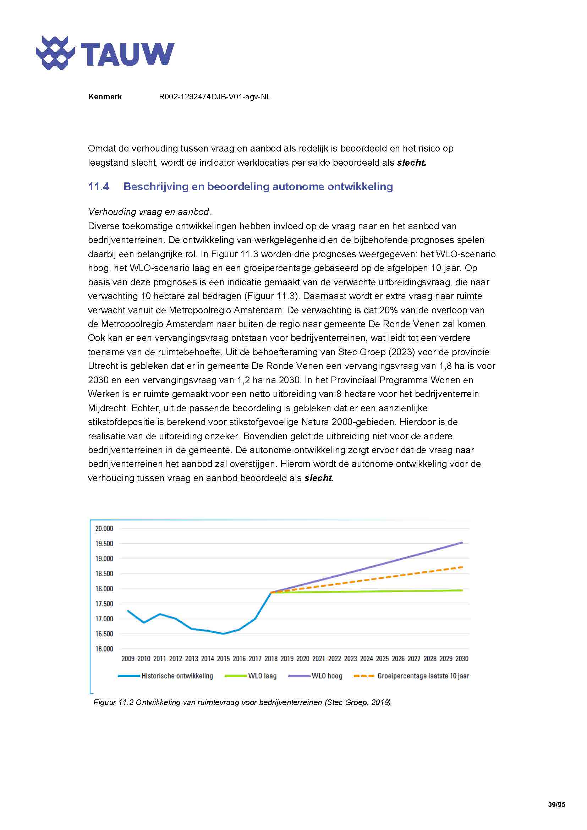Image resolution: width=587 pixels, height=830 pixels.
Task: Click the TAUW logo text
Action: pos(127,54)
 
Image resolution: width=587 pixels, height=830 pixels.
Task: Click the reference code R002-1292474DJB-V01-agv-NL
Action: pos(214,97)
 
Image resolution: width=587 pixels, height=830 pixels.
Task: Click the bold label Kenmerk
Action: pos(105,97)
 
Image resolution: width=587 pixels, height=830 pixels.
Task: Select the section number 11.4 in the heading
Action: pos(98,187)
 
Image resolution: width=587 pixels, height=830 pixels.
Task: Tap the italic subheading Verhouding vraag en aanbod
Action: pos(149,212)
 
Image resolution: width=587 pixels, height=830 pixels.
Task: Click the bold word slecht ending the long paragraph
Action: pos(318,478)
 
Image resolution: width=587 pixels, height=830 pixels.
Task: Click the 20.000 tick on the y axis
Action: pos(104,528)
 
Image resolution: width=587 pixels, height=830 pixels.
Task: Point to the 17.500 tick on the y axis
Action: pos(104,604)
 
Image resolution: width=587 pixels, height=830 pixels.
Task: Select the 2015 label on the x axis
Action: pos(223,659)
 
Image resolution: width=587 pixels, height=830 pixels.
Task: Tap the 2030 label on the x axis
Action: pos(462,659)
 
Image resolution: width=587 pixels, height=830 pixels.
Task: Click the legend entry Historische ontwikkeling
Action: pos(177,676)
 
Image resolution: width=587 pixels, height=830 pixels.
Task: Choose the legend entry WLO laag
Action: pos(262,676)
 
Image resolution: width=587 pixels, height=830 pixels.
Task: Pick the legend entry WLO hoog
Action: pos(327,676)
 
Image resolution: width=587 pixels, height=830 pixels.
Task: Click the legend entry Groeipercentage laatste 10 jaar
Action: pos(423,676)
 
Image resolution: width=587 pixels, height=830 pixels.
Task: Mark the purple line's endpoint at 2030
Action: pos(462,542)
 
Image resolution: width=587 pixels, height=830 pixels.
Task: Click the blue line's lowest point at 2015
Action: pos(223,634)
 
